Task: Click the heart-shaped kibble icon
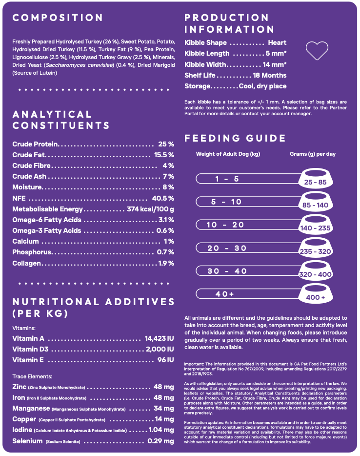[317, 50]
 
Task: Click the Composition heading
[58, 18]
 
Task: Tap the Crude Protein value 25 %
[166, 144]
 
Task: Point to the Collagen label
[27, 263]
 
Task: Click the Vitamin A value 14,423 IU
[159, 338]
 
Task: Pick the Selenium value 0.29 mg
[160, 441]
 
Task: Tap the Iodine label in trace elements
[22, 430]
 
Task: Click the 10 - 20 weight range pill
[225, 225]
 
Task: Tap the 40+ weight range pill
[225, 294]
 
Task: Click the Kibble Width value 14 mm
[274, 64]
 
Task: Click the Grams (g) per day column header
[313, 154]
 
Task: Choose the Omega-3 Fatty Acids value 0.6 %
[165, 230]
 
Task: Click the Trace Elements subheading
[32, 376]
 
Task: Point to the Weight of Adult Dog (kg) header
[228, 154]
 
